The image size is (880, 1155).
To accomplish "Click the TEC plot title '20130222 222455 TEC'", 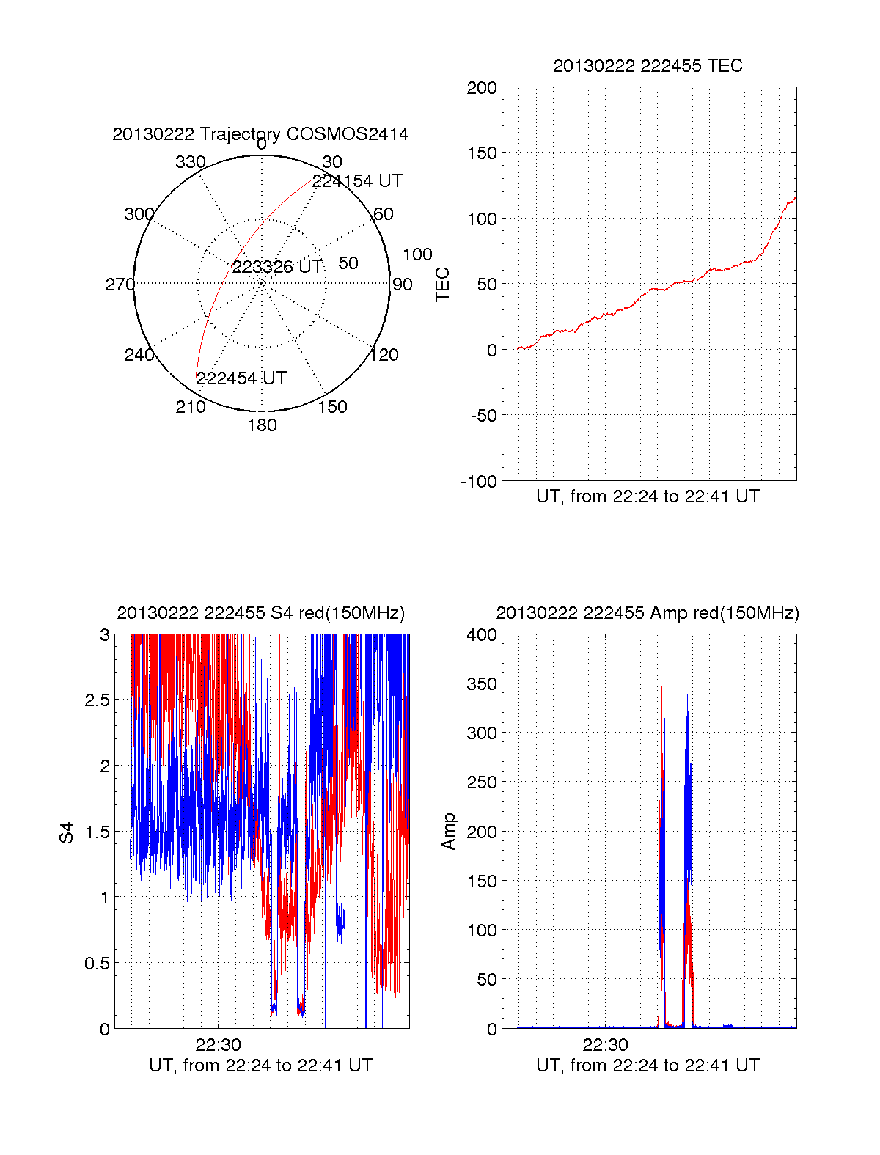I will pos(648,66).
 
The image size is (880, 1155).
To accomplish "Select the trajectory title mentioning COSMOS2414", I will pos(260,134).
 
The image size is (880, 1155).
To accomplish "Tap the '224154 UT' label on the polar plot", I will pos(357,181).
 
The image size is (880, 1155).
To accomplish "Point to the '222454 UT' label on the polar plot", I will pos(241,378).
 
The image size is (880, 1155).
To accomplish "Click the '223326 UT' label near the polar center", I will pos(277,267).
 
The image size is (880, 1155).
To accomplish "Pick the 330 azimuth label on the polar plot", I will pos(190,162).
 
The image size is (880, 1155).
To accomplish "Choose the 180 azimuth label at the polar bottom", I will pos(262,425).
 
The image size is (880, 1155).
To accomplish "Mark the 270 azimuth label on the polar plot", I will pos(120,285).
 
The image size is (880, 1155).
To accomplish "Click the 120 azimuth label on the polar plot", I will pos(384,356).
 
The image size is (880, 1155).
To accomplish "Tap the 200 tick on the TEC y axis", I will pos(482,89).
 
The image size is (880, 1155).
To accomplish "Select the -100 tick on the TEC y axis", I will pos(479,482).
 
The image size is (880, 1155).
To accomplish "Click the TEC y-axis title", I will pos(443,285).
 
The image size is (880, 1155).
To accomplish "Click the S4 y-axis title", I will pos(67,832).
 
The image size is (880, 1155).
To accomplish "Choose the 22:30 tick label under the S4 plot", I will pos(218,1045).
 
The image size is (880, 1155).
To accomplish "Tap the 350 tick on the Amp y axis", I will pos(482,684).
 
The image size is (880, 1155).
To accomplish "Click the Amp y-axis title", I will pos(449,832).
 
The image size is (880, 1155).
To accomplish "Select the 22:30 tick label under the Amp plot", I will pos(605,1045).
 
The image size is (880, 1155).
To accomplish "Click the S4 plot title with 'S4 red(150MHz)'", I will pos(260,613).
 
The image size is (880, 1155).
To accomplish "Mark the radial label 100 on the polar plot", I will pos(417,254).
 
